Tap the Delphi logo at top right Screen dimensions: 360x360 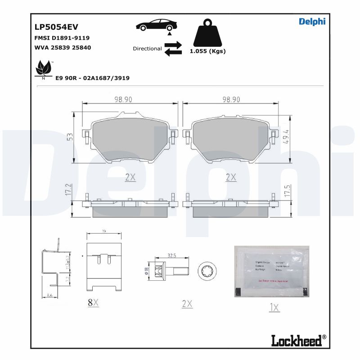(x=312, y=21)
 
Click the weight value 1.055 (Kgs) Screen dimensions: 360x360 (x=207, y=51)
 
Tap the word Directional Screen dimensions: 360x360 (x=147, y=49)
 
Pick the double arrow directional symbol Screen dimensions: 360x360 (x=173, y=49)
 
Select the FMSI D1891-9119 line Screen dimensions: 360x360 (x=62, y=38)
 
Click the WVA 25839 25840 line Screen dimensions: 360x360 (x=63, y=47)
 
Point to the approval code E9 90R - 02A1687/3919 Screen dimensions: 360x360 (x=92, y=78)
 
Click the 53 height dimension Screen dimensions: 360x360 (x=70, y=137)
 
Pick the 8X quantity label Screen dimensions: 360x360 (x=93, y=303)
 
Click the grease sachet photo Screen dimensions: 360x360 (x=272, y=271)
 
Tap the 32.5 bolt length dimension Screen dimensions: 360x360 (x=171, y=255)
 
